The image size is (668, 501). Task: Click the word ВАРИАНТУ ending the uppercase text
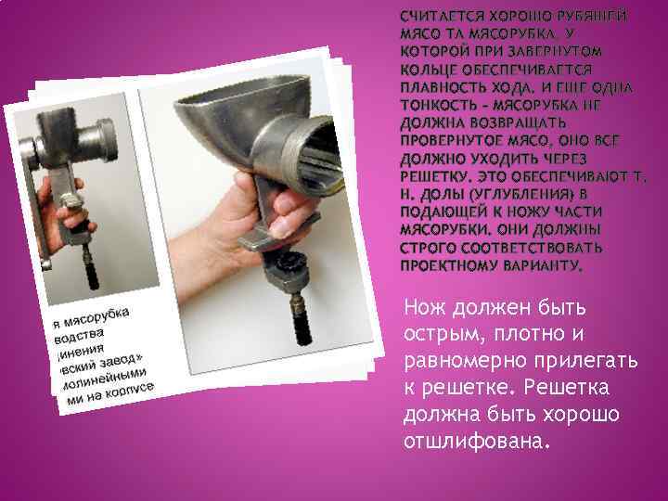click(x=543, y=266)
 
